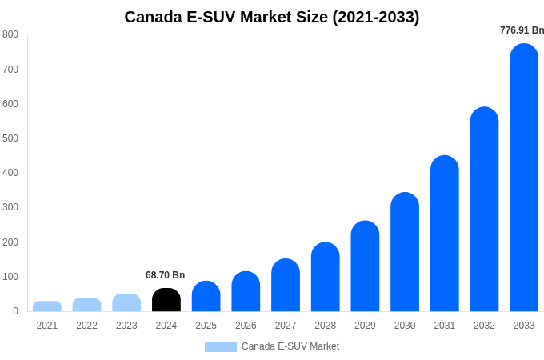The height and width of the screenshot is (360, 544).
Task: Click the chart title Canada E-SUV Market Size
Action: pyautogui.click(x=271, y=17)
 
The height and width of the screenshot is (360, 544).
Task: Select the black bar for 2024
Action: pyautogui.click(x=166, y=300)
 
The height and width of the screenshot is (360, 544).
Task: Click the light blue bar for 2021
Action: pyautogui.click(x=47, y=306)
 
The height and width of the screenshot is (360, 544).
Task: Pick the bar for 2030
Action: pyautogui.click(x=405, y=252)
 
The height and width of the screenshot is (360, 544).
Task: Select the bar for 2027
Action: pyautogui.click(x=286, y=285)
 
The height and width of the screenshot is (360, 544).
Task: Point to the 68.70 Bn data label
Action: pyautogui.click(x=165, y=275)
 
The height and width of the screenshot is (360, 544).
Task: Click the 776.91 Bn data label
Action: pyautogui.click(x=522, y=30)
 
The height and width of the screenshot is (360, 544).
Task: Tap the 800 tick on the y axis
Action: pyautogui.click(x=10, y=34)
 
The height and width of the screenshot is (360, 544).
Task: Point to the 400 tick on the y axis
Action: pyautogui.click(x=10, y=173)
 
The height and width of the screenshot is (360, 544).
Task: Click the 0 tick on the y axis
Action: pyautogui.click(x=15, y=311)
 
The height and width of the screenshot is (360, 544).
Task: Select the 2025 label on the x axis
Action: pyautogui.click(x=206, y=326)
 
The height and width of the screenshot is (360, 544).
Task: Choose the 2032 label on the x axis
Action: pyautogui.click(x=484, y=326)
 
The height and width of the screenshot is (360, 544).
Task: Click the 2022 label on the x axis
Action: pyautogui.click(x=86, y=326)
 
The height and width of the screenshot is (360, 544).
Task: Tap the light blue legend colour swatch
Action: pyautogui.click(x=221, y=347)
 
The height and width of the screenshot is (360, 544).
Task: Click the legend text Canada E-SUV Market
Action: pyautogui.click(x=290, y=346)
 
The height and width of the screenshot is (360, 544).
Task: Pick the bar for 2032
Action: pyautogui.click(x=484, y=210)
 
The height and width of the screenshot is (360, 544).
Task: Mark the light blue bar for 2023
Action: pyautogui.click(x=126, y=302)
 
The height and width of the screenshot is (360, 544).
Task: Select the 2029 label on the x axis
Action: pyautogui.click(x=365, y=326)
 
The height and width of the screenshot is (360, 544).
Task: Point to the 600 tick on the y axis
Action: pyautogui.click(x=10, y=104)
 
